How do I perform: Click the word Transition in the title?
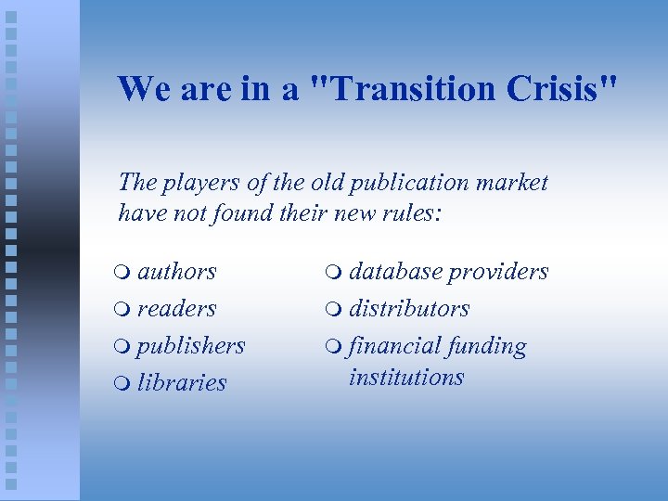[413, 89]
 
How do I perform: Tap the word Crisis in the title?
[561, 89]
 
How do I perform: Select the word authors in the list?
[177, 272]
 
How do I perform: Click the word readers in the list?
[177, 309]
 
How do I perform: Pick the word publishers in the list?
[191, 346]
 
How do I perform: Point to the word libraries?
[182, 382]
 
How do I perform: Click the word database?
[396, 272]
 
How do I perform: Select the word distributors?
[409, 309]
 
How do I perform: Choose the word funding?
[487, 347]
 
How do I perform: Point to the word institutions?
[406, 378]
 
